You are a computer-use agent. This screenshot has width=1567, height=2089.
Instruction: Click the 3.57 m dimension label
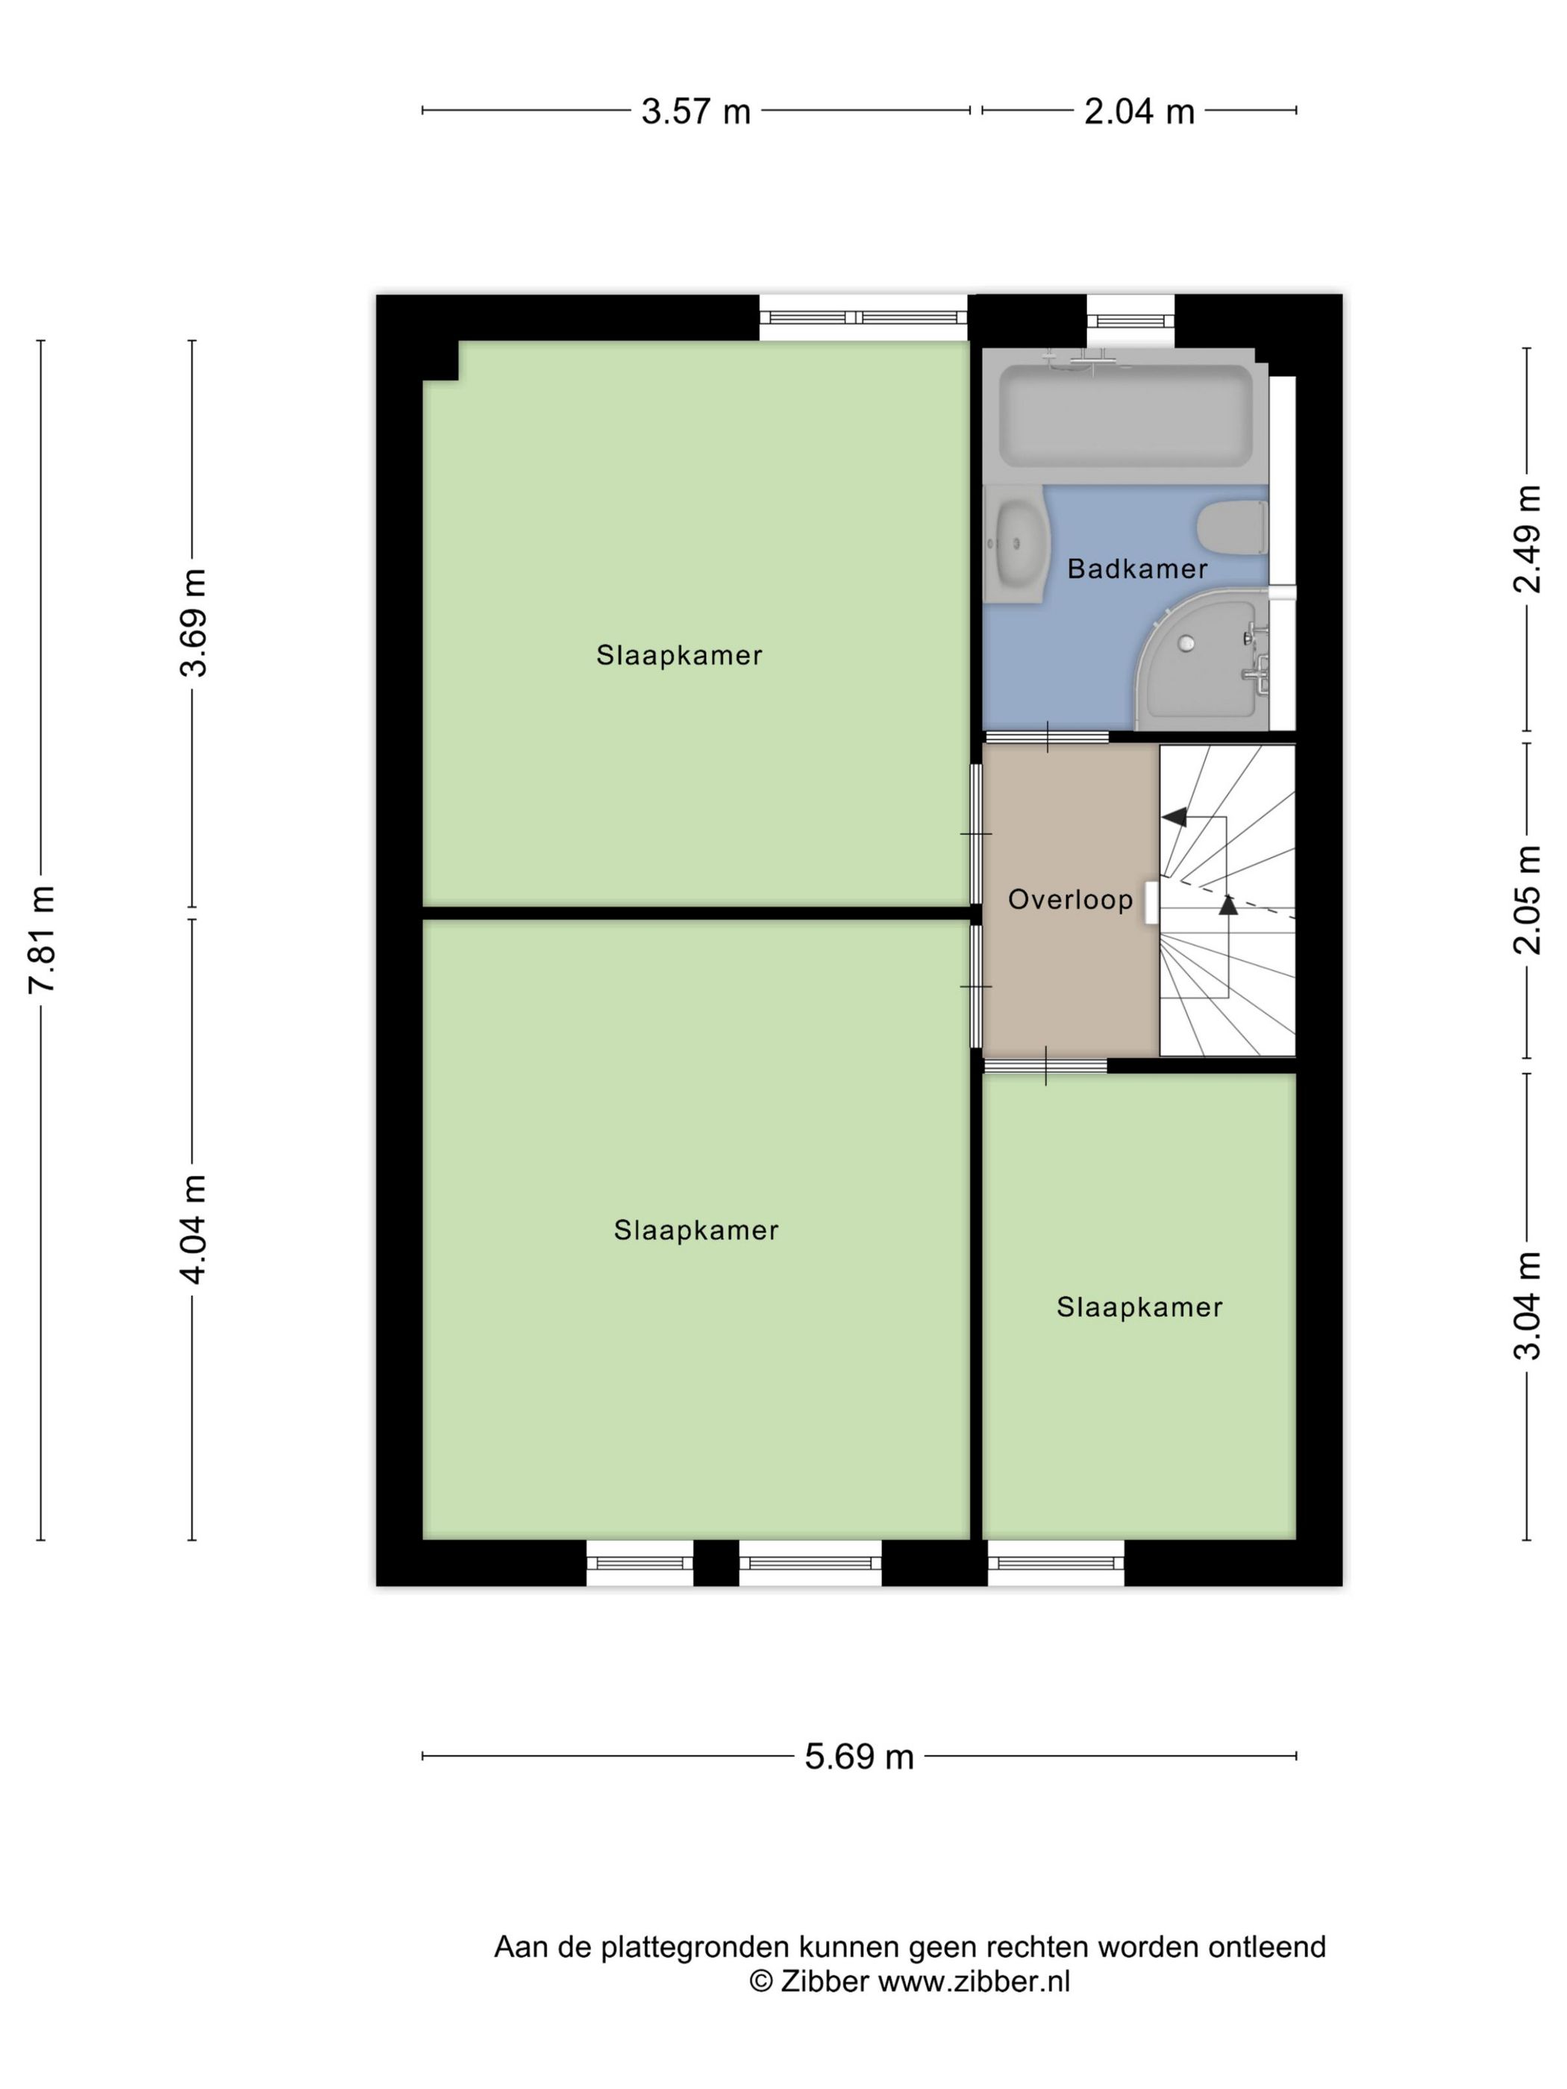pyautogui.click(x=695, y=111)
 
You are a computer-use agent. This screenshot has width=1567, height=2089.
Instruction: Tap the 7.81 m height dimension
pyautogui.click(x=43, y=939)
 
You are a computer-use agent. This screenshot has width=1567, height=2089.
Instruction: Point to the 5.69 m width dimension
pyautogui.click(x=859, y=1756)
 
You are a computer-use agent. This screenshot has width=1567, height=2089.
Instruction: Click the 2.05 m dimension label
pyautogui.click(x=1527, y=899)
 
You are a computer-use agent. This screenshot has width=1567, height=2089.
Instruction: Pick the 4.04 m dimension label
pyautogui.click(x=193, y=1230)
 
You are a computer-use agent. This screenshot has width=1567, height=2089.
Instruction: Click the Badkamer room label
pyautogui.click(x=1137, y=569)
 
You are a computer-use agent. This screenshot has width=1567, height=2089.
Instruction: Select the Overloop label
pyautogui.click(x=1069, y=899)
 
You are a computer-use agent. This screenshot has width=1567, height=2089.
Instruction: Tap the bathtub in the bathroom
pyautogui.click(x=1125, y=416)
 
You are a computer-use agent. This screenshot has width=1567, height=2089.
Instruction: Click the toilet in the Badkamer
pyautogui.click(x=1230, y=529)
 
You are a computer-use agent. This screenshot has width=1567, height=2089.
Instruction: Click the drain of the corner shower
pyautogui.click(x=1186, y=643)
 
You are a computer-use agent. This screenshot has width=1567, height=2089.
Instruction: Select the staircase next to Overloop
pyautogui.click(x=1226, y=899)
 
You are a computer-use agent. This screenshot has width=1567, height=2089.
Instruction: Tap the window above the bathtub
pyautogui.click(x=1130, y=319)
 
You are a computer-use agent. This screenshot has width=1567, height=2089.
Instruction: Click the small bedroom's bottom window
pyautogui.click(x=1055, y=1563)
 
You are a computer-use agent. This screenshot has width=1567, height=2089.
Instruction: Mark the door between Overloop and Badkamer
pyautogui.click(x=1045, y=736)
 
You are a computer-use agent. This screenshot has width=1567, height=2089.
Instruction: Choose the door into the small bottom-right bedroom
pyautogui.click(x=1045, y=1066)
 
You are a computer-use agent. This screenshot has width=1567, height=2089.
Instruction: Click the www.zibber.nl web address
pyautogui.click(x=974, y=1982)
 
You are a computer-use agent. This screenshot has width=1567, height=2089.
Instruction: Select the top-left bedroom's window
pyautogui.click(x=863, y=319)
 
